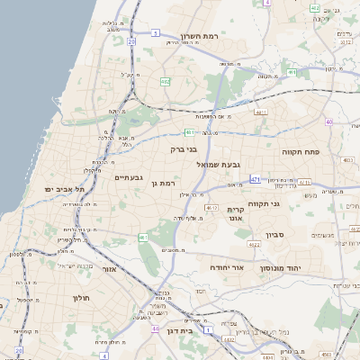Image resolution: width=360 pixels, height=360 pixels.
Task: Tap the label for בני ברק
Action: [x=182, y=150]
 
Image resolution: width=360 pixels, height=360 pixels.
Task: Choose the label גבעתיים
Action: [x=129, y=177]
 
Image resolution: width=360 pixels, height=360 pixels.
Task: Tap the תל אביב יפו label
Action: [x=67, y=190]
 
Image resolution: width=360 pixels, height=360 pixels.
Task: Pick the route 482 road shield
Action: [x=166, y=81]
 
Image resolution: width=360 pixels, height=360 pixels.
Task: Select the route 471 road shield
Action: [x=256, y=179]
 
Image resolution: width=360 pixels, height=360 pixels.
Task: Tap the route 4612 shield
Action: [x=212, y=208]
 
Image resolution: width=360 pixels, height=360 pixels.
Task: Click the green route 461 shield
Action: [x=143, y=237]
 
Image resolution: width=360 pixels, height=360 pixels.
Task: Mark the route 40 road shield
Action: [x=329, y=121]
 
